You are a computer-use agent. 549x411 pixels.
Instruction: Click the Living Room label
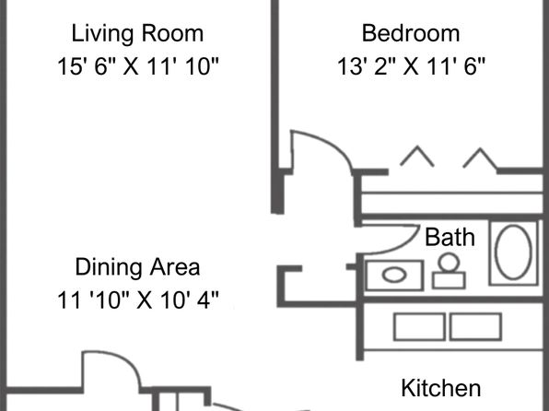pos(137,34)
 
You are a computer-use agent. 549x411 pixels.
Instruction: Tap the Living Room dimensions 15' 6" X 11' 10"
pos(138,66)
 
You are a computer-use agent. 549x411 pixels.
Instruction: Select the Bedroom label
pos(411,34)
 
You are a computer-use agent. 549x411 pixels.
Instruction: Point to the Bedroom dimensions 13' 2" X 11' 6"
pos(411,66)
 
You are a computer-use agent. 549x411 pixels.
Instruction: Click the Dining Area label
pos(137,267)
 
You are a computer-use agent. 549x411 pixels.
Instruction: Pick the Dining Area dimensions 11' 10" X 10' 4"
pos(138,299)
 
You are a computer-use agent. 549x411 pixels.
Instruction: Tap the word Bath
pos(450,237)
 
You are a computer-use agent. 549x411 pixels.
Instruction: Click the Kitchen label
pos(441,388)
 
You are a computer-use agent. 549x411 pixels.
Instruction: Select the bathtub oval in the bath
pos(496,252)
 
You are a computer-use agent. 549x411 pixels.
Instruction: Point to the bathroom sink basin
pos(394,275)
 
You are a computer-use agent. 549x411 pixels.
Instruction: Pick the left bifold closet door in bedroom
pos(417,156)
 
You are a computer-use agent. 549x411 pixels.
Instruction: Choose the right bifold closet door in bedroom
pos(480,158)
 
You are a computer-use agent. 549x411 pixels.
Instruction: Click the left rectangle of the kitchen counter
pos(419,327)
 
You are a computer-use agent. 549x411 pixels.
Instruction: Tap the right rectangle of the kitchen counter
pos(475,327)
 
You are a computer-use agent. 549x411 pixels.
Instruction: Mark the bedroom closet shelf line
pos(451,193)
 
